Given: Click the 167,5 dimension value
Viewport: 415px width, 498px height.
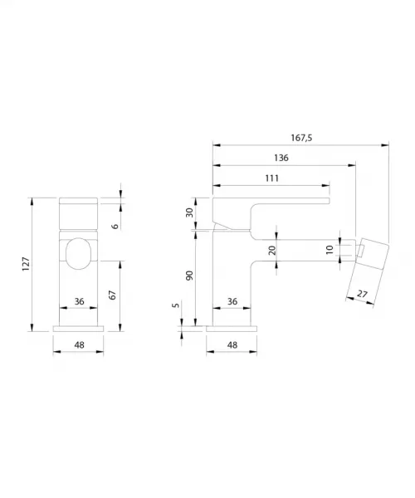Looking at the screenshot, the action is pos(301,138).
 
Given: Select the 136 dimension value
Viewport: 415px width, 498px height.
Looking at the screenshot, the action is pos(281,158).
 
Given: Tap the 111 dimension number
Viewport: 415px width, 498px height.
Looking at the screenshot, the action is pos(272,178).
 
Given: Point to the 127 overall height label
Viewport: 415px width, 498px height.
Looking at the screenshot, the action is pos(26,264).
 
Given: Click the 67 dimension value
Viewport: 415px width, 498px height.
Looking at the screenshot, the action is pos(112,295).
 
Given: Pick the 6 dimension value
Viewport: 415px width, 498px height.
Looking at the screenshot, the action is pos(115,226).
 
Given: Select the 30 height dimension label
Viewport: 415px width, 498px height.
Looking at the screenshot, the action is pos(189,212).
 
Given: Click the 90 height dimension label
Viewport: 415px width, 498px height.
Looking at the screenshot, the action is pos(189,276).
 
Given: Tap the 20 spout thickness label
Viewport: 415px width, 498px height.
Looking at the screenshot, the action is pos(272,250).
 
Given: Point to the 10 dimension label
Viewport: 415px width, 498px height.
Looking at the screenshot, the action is pos(330,250).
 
